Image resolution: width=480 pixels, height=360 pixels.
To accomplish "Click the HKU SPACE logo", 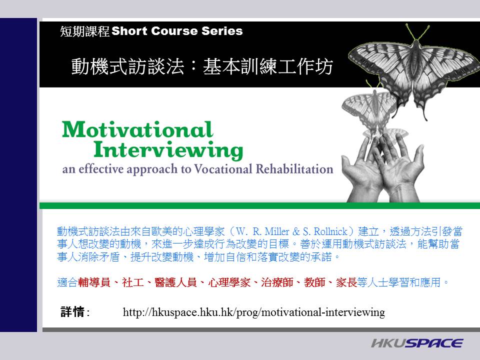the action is (417, 343).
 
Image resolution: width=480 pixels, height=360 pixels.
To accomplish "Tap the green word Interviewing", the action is (168, 150).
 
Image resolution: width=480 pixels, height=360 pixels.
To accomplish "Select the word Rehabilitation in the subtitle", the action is (294, 169).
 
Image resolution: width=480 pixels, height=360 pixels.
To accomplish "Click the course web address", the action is (254, 312).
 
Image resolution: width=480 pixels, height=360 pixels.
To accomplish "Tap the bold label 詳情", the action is (72, 312).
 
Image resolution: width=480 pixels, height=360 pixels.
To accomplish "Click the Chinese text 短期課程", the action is (85, 31).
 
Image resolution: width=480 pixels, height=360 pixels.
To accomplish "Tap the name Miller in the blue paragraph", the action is (276, 231).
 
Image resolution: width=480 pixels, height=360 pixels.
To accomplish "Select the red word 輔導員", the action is (94, 282).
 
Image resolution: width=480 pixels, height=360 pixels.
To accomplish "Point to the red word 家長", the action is (346, 282).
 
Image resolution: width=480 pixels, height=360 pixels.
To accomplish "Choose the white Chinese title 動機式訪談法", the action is (127, 66).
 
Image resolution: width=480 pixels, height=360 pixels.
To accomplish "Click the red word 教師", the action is (314, 282).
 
